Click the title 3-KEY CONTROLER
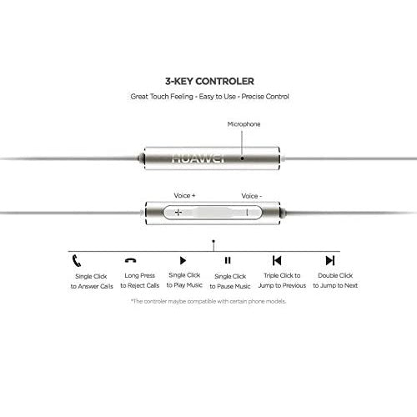pyautogui.click(x=209, y=82)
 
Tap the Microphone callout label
pyautogui.click(x=244, y=124)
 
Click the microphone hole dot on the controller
pyautogui.click(x=242, y=158)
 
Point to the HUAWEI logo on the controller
pyautogui.click(x=198, y=158)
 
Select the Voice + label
pyautogui.click(x=184, y=195)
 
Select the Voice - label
pyautogui.click(x=252, y=196)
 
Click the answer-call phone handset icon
pyautogui.click(x=77, y=260)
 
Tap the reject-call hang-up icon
pyautogui.click(x=130, y=260)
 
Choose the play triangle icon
pyautogui.click(x=183, y=260)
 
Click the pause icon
pyautogui.click(x=228, y=260)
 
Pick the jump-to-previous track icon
pyautogui.click(x=277, y=260)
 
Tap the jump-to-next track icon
pyautogui.click(x=330, y=260)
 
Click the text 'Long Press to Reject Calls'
pyautogui.click(x=140, y=280)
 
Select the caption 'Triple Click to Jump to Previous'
pyautogui.click(x=282, y=280)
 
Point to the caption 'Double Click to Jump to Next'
pyautogui.click(x=335, y=280)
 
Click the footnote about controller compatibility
pyautogui.click(x=208, y=301)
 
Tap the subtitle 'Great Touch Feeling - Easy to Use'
pyautogui.click(x=183, y=97)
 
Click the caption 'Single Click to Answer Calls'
pyautogui.click(x=92, y=281)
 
